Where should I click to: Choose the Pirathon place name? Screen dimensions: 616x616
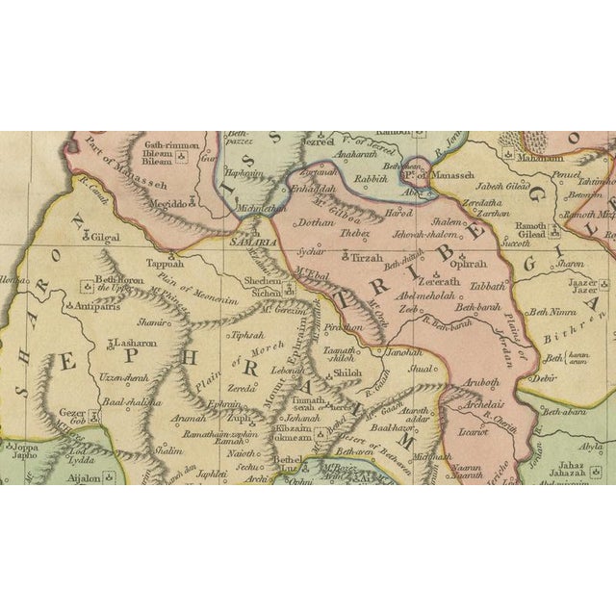pos(343,327)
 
